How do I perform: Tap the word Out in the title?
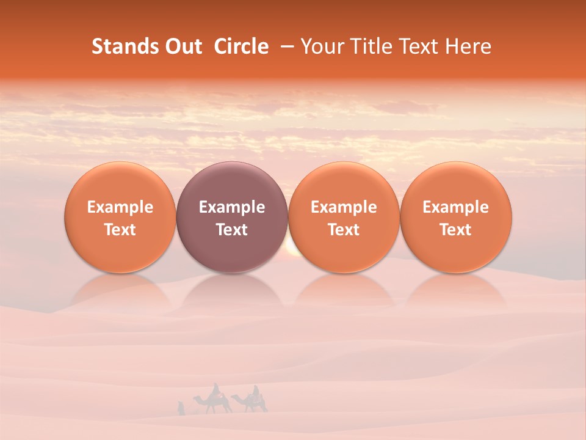(x=182, y=46)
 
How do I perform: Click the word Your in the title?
(x=321, y=46)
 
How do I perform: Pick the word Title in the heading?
(x=371, y=46)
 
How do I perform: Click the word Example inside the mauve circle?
(x=232, y=207)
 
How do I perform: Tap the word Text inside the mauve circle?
(x=232, y=230)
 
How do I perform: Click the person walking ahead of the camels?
(x=180, y=408)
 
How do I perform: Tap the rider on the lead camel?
(x=215, y=391)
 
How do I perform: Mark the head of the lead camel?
(x=196, y=398)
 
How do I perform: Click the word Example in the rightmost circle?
(x=456, y=207)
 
